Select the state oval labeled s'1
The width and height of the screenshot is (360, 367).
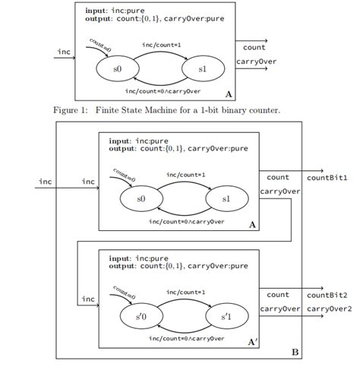pos(226,315)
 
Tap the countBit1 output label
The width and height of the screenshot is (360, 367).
pos(327,178)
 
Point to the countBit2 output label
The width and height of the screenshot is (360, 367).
pos(327,295)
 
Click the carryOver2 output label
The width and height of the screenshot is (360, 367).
pos(329,308)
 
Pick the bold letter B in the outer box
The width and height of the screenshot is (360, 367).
pos(295,352)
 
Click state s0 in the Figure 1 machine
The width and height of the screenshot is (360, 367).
pos(117,69)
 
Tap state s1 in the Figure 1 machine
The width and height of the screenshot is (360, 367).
pos(203,69)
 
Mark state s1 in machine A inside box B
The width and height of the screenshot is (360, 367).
pos(226,198)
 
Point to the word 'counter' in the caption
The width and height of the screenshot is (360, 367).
pos(264,111)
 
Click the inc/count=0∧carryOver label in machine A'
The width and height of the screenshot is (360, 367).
pos(186,337)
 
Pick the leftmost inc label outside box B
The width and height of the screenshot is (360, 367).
pos(46,182)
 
